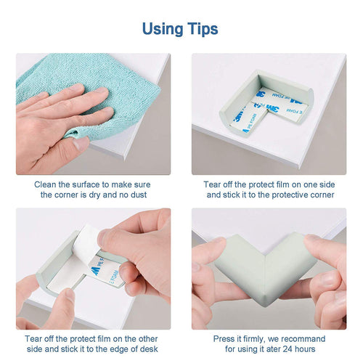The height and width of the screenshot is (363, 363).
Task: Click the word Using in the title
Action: tap(163, 30)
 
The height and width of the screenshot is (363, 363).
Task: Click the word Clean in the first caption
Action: tap(45, 184)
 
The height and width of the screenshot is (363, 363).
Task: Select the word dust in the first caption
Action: tap(139, 195)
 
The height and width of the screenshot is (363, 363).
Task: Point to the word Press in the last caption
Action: tap(223, 339)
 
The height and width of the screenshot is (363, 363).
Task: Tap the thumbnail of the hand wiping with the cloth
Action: tap(94, 114)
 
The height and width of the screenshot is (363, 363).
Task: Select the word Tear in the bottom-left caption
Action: tap(33, 339)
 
